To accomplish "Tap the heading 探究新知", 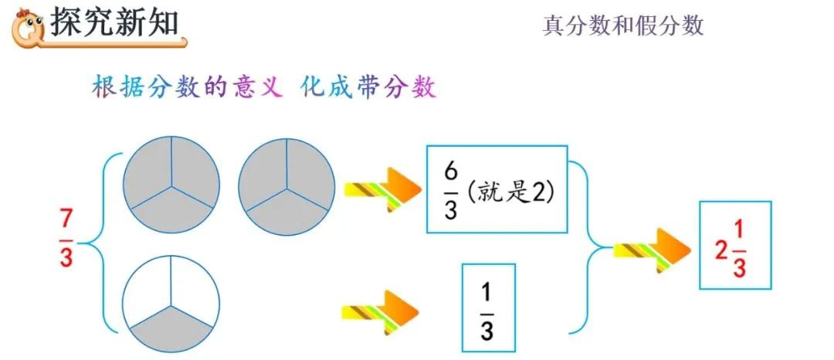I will [114, 23].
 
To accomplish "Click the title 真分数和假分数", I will [622, 25].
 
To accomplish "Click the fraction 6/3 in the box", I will [450, 189].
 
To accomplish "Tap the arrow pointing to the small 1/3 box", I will [379, 311].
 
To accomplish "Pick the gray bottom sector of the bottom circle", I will [171, 325].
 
